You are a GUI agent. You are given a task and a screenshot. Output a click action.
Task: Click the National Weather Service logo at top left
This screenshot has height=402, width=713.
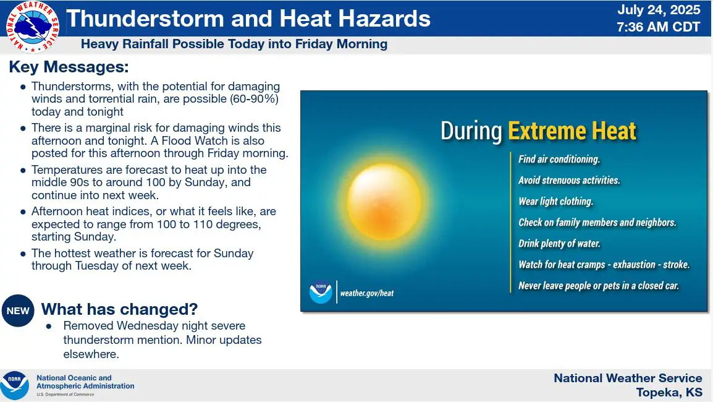(33, 27)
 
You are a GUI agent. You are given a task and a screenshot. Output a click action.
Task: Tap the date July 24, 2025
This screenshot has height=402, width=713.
(659, 10)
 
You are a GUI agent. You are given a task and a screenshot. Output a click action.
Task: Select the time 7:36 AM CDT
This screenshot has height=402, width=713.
(659, 27)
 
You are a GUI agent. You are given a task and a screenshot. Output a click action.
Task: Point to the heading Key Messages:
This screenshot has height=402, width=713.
(69, 67)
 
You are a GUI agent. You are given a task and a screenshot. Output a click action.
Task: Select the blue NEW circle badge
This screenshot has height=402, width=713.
(18, 310)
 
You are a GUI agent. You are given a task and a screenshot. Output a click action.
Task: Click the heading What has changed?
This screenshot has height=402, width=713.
(120, 309)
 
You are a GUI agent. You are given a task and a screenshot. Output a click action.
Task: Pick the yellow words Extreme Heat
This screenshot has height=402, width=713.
(572, 131)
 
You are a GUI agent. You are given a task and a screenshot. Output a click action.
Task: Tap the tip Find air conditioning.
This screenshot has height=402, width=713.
(559, 159)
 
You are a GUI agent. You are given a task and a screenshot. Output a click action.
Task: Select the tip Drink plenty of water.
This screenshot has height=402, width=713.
(559, 244)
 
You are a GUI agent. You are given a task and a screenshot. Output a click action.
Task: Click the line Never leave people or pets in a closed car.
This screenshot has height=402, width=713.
(599, 286)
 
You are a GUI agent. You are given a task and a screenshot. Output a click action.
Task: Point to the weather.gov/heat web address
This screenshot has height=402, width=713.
(367, 293)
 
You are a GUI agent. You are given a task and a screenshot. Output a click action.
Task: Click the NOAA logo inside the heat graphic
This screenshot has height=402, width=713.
(321, 292)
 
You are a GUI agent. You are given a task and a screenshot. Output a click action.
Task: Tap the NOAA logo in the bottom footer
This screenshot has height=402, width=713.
(15, 385)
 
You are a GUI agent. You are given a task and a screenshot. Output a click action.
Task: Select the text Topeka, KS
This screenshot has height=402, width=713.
(669, 393)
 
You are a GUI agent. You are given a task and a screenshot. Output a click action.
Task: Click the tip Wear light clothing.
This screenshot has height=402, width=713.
(555, 201)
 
